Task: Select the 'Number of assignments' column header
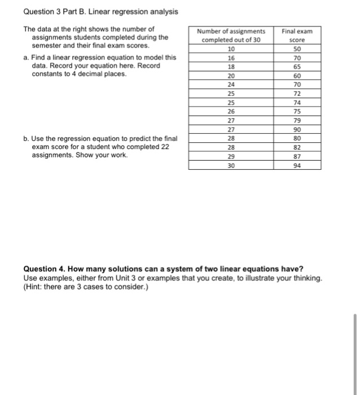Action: point(231,36)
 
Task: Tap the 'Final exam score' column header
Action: point(297,36)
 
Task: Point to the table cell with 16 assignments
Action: point(231,58)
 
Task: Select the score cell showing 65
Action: point(297,65)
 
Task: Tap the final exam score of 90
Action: point(297,129)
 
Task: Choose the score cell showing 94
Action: point(297,165)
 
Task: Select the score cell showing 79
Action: point(297,120)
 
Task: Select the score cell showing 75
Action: point(297,112)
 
